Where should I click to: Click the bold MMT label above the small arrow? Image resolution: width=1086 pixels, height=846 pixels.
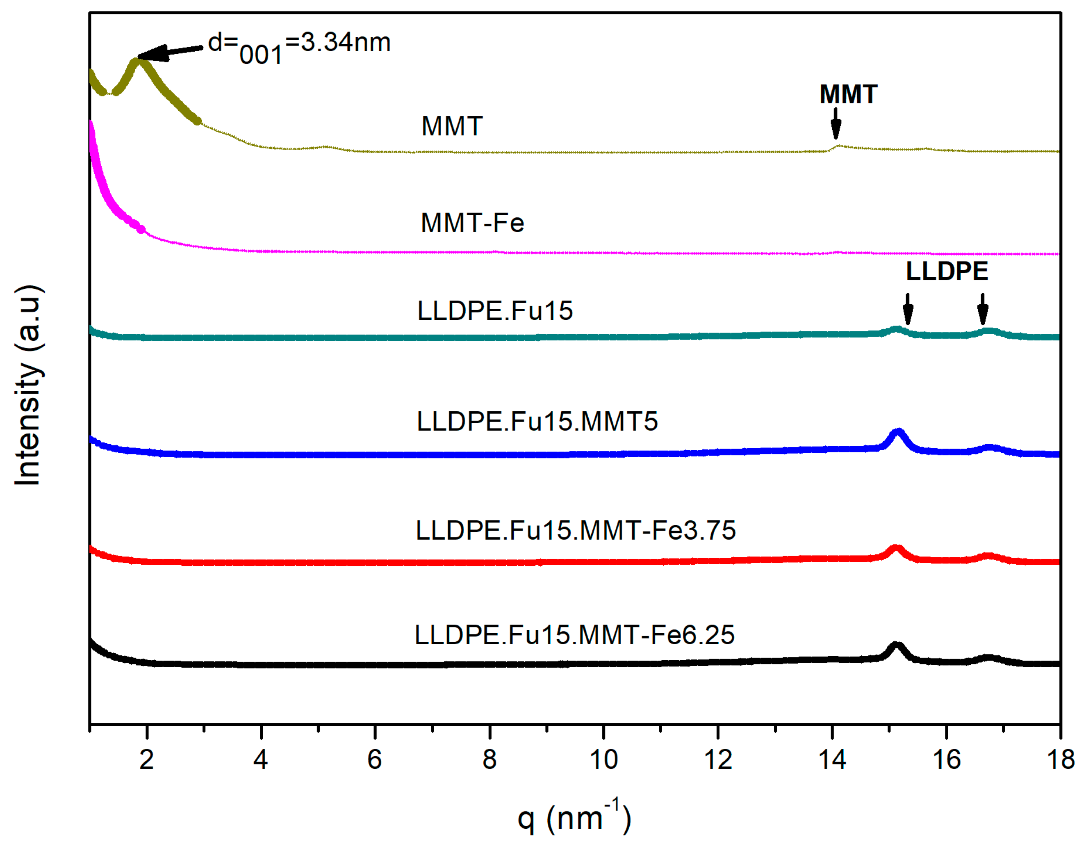coord(848,94)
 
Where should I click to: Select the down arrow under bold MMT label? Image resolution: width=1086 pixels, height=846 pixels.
coord(836,124)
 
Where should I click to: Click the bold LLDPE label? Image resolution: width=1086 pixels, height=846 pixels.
coord(947,271)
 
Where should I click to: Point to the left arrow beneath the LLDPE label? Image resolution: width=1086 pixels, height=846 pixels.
coord(908,309)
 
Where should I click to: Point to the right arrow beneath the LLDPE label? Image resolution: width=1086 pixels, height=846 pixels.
coord(983,309)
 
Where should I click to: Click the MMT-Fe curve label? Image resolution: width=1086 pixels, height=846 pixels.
coord(472,223)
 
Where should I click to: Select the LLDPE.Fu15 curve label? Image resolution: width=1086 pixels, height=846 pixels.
coord(495,311)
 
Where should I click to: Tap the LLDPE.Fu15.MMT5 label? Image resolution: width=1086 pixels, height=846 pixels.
coord(537,421)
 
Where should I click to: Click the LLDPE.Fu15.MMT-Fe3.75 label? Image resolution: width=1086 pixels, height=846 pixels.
coord(575,530)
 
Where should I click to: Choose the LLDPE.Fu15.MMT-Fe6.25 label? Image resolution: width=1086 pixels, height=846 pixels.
coord(574,635)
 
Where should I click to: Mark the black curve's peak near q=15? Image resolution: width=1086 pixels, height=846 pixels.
coord(896,645)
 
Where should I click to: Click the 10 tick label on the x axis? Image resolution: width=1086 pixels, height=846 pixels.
coord(603,759)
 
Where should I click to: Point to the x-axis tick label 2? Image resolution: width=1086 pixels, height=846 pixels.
coord(147,759)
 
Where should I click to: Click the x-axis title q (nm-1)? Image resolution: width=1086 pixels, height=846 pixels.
coord(574,818)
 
